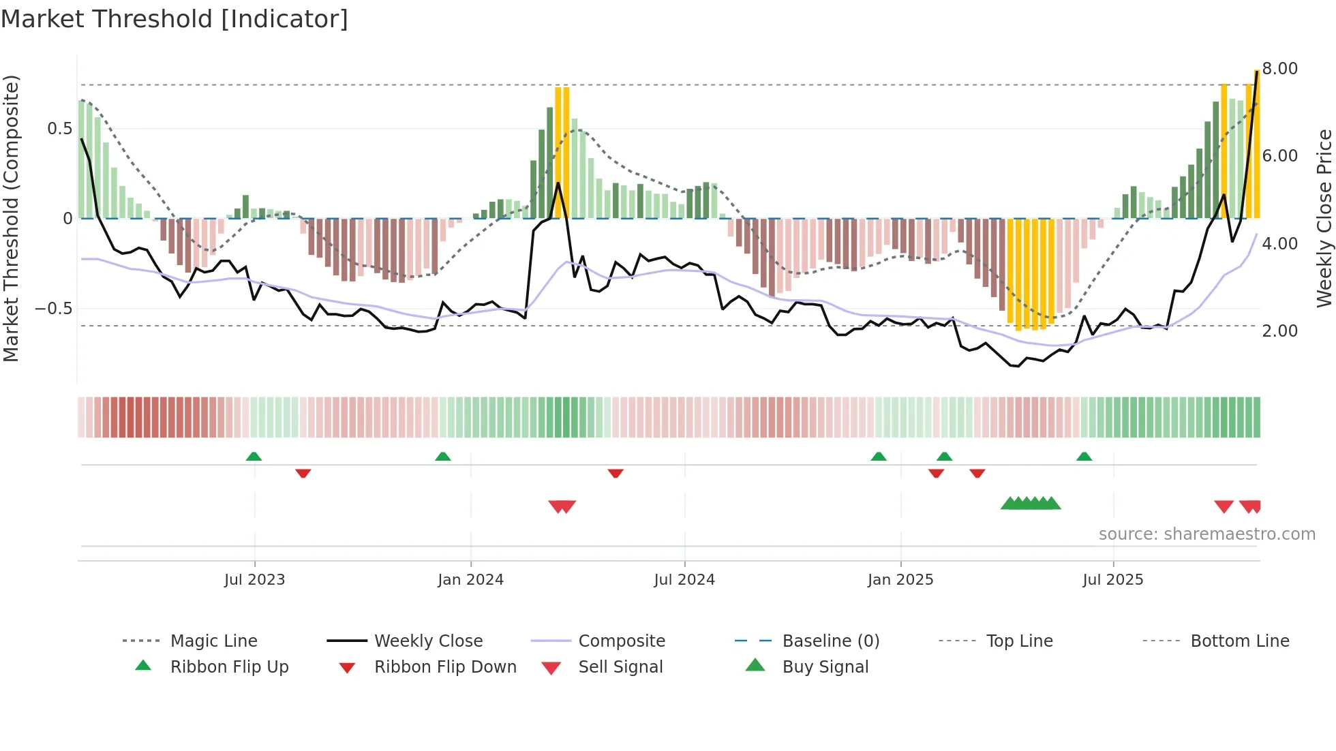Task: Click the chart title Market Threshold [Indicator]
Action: click(x=174, y=19)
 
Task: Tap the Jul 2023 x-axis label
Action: click(x=254, y=580)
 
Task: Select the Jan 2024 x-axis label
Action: click(x=470, y=580)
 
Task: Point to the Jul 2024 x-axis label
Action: click(x=684, y=580)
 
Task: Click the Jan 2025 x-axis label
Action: click(x=900, y=580)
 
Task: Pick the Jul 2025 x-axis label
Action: click(x=1113, y=580)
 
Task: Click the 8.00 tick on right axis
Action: click(x=1279, y=69)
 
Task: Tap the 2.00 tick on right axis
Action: click(x=1279, y=331)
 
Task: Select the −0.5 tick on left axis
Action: click(x=54, y=309)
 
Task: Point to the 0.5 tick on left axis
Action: click(x=59, y=129)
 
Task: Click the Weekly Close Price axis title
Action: click(x=1324, y=218)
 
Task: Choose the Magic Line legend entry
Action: click(x=213, y=641)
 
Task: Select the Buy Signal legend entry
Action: click(x=825, y=667)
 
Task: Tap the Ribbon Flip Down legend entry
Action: click(x=444, y=667)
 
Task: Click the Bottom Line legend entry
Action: click(x=1239, y=641)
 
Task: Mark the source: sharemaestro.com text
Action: click(x=1206, y=534)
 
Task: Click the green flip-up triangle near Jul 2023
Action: click(x=254, y=457)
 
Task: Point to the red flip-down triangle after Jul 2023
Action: click(x=303, y=473)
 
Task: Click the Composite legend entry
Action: click(x=621, y=641)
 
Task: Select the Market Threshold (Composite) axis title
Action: click(x=11, y=218)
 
